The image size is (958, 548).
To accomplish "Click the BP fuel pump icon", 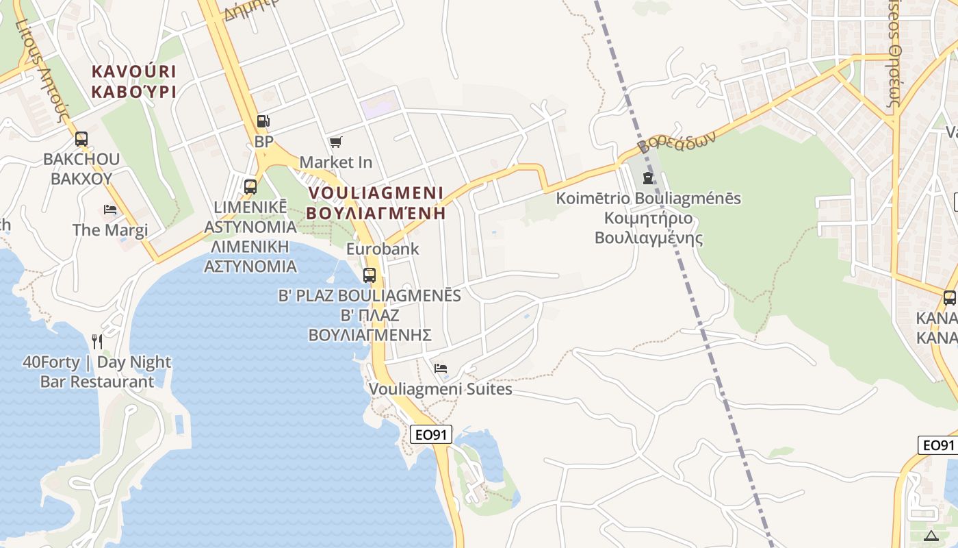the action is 263,122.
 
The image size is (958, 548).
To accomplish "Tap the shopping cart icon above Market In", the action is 335,142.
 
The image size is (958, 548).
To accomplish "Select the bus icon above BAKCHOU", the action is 81,139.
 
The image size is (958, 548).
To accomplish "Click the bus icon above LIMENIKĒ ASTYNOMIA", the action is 250,186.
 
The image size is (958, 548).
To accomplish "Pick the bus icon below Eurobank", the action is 370,275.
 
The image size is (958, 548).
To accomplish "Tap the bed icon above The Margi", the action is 109,210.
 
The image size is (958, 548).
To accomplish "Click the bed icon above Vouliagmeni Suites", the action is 441,369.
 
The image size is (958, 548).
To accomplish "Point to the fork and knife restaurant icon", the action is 97,341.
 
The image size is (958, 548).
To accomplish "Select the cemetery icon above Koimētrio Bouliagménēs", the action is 647,178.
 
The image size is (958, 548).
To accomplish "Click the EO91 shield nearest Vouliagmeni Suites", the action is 432,434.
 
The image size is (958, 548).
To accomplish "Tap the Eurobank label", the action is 383,249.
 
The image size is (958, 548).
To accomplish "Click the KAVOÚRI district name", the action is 134,71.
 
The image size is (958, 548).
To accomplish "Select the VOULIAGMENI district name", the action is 376,192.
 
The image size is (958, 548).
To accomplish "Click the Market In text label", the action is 336,162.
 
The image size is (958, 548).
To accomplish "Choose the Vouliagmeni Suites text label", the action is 441,389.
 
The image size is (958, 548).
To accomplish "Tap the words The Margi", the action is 110,229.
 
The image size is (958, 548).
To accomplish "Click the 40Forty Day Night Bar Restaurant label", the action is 96,371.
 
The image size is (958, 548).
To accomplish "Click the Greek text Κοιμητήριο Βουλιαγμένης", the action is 649,229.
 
